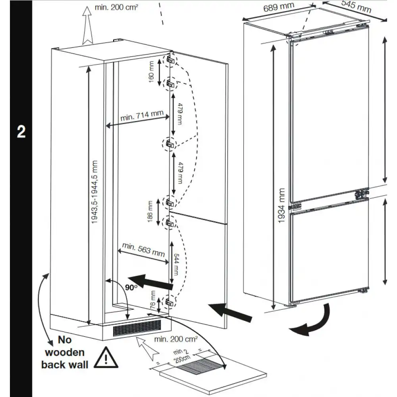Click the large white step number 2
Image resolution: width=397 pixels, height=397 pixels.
[x=21, y=132]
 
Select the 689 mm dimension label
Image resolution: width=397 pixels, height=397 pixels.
[x=279, y=7]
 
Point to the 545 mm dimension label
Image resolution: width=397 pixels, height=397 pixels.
[x=356, y=7]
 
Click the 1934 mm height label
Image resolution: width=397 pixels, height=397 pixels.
[x=281, y=206]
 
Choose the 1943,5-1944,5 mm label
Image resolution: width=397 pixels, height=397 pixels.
[x=94, y=192]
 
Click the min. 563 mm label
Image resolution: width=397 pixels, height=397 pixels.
[x=143, y=250]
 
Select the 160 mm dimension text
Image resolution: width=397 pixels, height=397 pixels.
[x=151, y=71]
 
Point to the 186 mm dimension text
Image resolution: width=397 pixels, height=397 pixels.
[x=150, y=212]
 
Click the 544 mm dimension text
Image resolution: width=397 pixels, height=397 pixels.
[x=176, y=264]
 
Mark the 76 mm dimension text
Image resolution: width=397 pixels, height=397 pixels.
[x=153, y=300]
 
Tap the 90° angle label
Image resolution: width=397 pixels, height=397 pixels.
[x=131, y=287]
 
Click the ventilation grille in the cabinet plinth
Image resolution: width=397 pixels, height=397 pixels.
[x=137, y=328]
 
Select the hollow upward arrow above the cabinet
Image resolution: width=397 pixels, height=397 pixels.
[x=87, y=25]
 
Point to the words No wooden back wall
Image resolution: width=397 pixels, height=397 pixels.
[x=65, y=352]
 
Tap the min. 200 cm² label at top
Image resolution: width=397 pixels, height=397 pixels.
[x=116, y=7]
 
